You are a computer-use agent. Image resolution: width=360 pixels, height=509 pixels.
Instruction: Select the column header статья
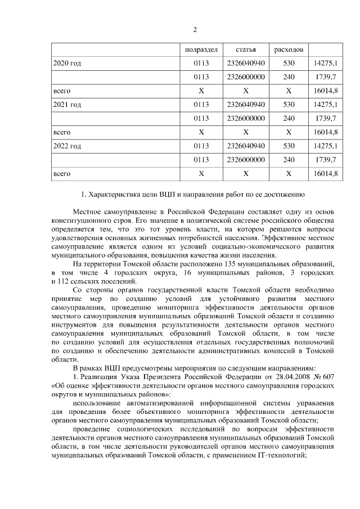point(246,49)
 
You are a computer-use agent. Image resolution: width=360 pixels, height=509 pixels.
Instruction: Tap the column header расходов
point(289,49)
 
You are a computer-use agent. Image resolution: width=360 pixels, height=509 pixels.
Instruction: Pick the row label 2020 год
point(67,63)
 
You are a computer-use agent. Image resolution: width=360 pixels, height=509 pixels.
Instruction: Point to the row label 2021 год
point(67,105)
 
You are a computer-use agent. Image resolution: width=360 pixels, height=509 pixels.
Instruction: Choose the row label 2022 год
point(67,146)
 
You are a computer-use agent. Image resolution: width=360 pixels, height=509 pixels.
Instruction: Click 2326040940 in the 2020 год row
point(246,63)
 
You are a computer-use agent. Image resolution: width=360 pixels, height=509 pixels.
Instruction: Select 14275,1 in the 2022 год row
point(325,146)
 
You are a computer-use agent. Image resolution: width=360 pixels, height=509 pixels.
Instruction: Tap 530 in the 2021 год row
point(289,105)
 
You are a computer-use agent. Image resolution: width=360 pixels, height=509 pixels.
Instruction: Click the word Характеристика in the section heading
point(115,196)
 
